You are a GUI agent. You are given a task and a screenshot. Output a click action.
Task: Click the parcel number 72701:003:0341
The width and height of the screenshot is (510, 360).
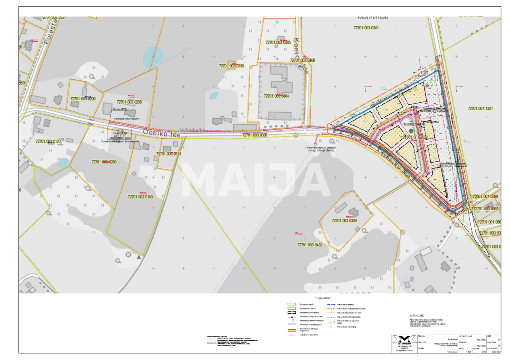click(366, 27)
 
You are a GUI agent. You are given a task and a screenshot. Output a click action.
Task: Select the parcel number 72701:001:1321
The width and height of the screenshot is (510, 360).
click(480, 108)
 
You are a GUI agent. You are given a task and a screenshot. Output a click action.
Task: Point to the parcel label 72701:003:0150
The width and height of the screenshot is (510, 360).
click(140, 197)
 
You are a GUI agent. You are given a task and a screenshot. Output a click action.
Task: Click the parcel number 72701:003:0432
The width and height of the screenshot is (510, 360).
click(310, 245)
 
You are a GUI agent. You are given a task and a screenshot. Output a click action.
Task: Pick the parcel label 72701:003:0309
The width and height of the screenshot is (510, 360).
click(344, 220)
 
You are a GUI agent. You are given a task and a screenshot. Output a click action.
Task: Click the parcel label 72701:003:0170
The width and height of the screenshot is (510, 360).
click(48, 141)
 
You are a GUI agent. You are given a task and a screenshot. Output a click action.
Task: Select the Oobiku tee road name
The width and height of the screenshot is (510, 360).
click(161, 134)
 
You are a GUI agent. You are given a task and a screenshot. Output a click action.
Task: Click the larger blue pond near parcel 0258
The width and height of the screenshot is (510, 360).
click(153, 57)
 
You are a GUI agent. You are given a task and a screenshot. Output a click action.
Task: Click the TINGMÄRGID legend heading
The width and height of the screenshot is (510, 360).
click(323, 298)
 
